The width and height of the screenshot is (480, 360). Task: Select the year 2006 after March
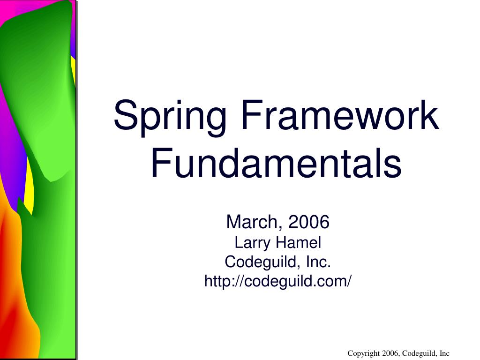[x=309, y=222]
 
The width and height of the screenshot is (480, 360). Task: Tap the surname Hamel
[x=298, y=243]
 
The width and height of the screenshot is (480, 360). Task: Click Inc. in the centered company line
[x=318, y=262]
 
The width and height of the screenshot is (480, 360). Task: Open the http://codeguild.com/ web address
[x=277, y=281]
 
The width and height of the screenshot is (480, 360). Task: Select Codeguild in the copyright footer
[x=419, y=353]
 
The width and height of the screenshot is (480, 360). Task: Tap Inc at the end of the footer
[x=444, y=353]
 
